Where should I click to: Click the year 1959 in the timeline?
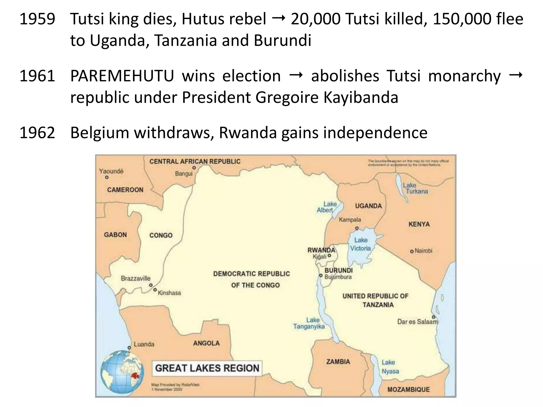click(x=37, y=19)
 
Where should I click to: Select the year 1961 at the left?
click(x=37, y=76)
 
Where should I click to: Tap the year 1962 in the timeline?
click(x=37, y=133)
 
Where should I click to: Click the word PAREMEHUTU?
click(x=122, y=76)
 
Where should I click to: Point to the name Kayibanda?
click(x=361, y=98)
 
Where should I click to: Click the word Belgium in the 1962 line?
click(x=100, y=133)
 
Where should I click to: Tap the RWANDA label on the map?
click(x=321, y=250)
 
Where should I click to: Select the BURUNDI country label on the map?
click(x=339, y=271)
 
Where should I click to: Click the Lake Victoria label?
click(x=361, y=244)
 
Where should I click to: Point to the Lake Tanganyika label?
click(x=309, y=323)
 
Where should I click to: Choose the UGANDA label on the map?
click(x=368, y=206)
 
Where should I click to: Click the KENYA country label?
click(x=419, y=224)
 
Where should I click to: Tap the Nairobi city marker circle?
click(x=412, y=251)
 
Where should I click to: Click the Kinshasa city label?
click(x=169, y=293)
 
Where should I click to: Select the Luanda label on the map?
click(x=144, y=344)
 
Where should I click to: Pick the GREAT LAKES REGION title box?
click(x=207, y=368)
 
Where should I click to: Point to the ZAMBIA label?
click(x=338, y=362)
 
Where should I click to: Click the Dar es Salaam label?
click(x=417, y=322)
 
